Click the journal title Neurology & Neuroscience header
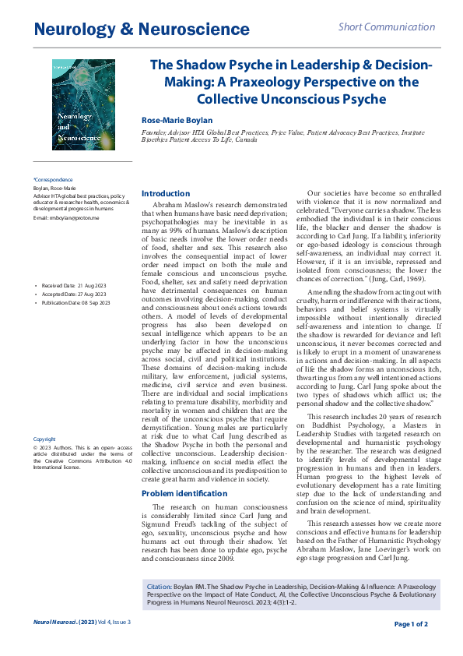pos(141,30)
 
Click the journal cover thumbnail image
pos(83,105)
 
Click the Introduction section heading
pos(165,193)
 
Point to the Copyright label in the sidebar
pos(45,439)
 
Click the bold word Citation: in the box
pos(160,584)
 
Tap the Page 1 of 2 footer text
pos(411,624)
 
